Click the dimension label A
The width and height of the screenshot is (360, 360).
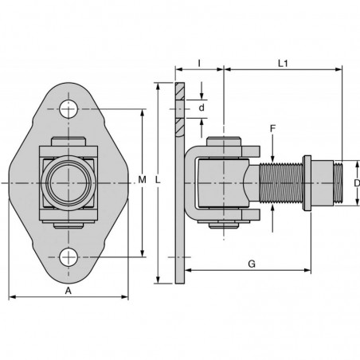(68, 291)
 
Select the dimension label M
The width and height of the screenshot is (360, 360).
(143, 180)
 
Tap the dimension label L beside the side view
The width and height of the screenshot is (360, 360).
(158, 180)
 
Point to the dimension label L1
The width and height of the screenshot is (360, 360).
(283, 64)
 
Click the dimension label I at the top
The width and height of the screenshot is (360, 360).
(199, 64)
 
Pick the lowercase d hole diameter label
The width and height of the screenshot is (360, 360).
(202, 108)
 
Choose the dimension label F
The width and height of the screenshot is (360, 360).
(272, 129)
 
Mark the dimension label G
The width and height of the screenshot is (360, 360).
(252, 264)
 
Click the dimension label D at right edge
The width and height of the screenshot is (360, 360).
(357, 183)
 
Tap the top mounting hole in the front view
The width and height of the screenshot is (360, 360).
(68, 109)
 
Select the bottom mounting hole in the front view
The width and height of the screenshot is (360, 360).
(68, 257)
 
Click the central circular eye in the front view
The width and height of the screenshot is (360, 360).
(68, 183)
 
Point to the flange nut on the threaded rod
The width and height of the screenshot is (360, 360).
(307, 183)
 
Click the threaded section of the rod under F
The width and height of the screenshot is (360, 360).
(280, 183)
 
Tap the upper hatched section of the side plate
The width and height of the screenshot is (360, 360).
(180, 92)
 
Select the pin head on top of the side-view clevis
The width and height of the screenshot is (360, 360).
(224, 142)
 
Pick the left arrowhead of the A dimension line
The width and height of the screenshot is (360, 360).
(12, 296)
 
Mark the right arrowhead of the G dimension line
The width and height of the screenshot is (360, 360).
(307, 270)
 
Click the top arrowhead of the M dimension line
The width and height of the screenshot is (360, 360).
(143, 112)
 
